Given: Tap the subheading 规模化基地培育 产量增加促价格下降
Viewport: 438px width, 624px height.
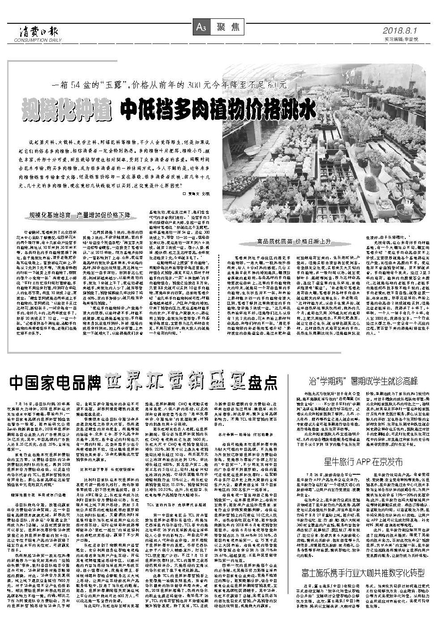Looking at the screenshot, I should click(x=80, y=215).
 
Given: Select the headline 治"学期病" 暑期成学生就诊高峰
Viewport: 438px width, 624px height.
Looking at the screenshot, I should click(x=363, y=381).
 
